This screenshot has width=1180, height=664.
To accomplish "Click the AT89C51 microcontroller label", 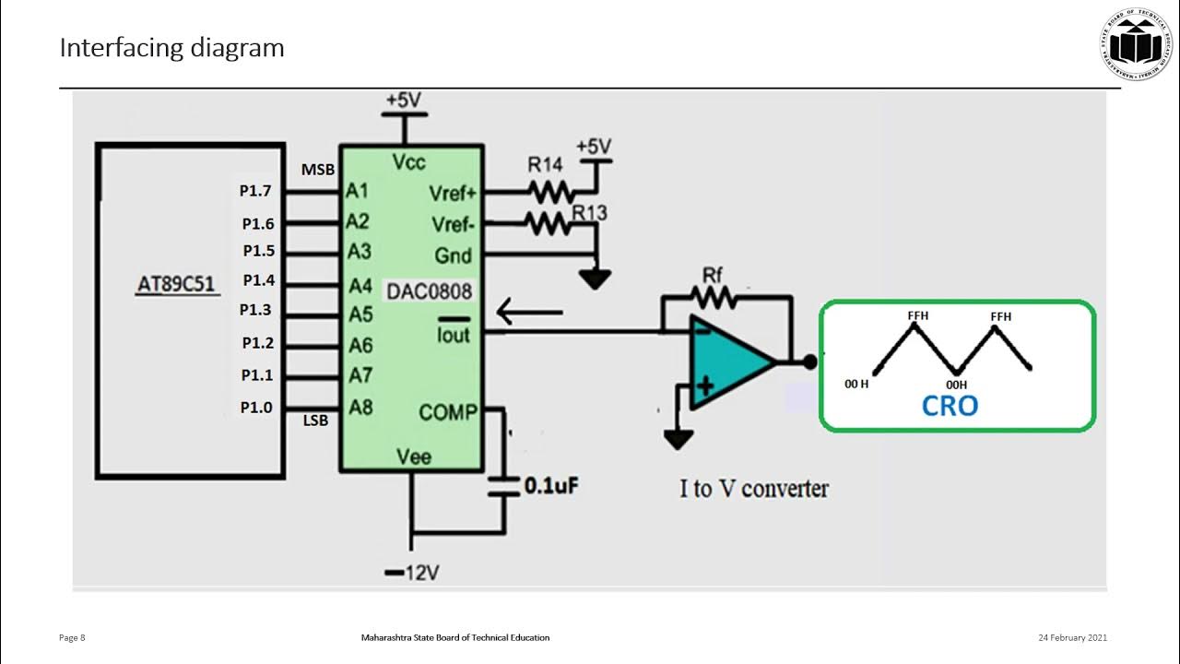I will click(175, 284).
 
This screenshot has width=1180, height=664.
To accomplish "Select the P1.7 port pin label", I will click(255, 192).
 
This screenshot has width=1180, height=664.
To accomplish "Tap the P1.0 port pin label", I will click(257, 407).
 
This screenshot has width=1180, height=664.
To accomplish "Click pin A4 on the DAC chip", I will click(360, 285).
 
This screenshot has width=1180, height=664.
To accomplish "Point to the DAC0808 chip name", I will click(429, 291).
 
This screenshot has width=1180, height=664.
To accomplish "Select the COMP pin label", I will click(447, 412).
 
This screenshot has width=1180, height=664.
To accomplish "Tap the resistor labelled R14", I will click(550, 192).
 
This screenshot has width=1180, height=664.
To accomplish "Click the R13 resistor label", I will click(589, 213).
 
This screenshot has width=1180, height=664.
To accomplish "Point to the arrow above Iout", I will click(529, 312).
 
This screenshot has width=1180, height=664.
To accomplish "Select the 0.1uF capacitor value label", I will click(550, 485).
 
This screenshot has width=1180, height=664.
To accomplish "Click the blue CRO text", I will click(950, 405).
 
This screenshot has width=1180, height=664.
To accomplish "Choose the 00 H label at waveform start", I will click(856, 384).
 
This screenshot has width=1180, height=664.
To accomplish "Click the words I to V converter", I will click(754, 489).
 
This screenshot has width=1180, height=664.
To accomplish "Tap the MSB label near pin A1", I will click(317, 170).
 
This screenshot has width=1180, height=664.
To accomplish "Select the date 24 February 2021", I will click(1072, 637).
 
